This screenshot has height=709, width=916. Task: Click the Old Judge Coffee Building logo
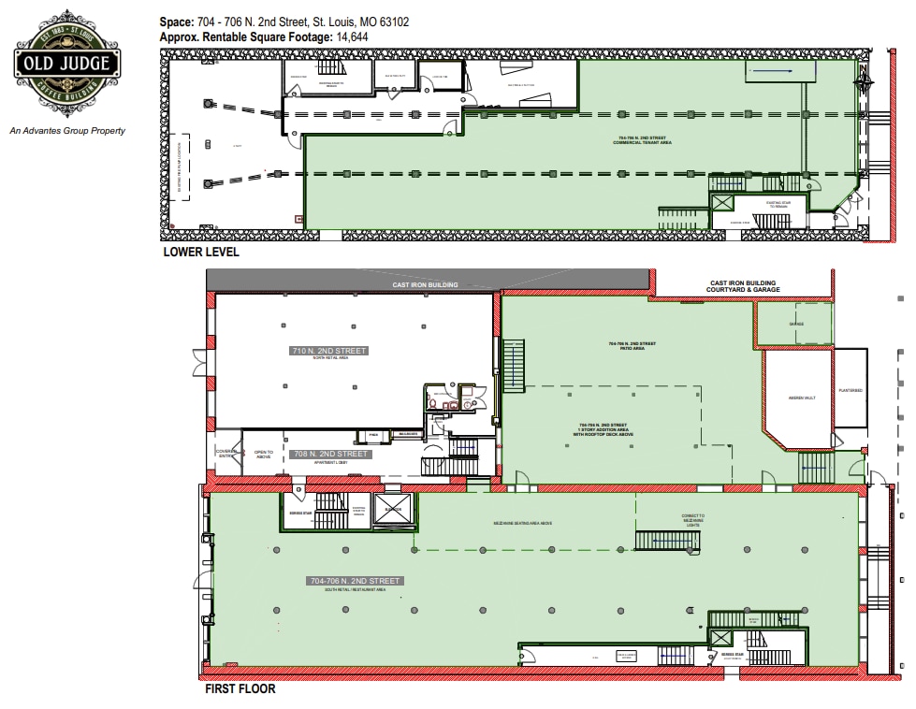(x=65, y=64)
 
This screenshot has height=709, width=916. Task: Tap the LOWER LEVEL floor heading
(x=200, y=253)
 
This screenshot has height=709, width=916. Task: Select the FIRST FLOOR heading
(x=240, y=690)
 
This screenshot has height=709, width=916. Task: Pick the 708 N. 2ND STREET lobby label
(x=331, y=454)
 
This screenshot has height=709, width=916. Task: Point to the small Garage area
(x=794, y=324)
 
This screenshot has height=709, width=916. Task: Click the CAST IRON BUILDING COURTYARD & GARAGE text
(x=743, y=286)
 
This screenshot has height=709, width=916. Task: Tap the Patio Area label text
(x=632, y=346)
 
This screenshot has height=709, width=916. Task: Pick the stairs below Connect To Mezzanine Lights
(x=662, y=540)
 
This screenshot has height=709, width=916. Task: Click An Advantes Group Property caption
(x=66, y=131)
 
